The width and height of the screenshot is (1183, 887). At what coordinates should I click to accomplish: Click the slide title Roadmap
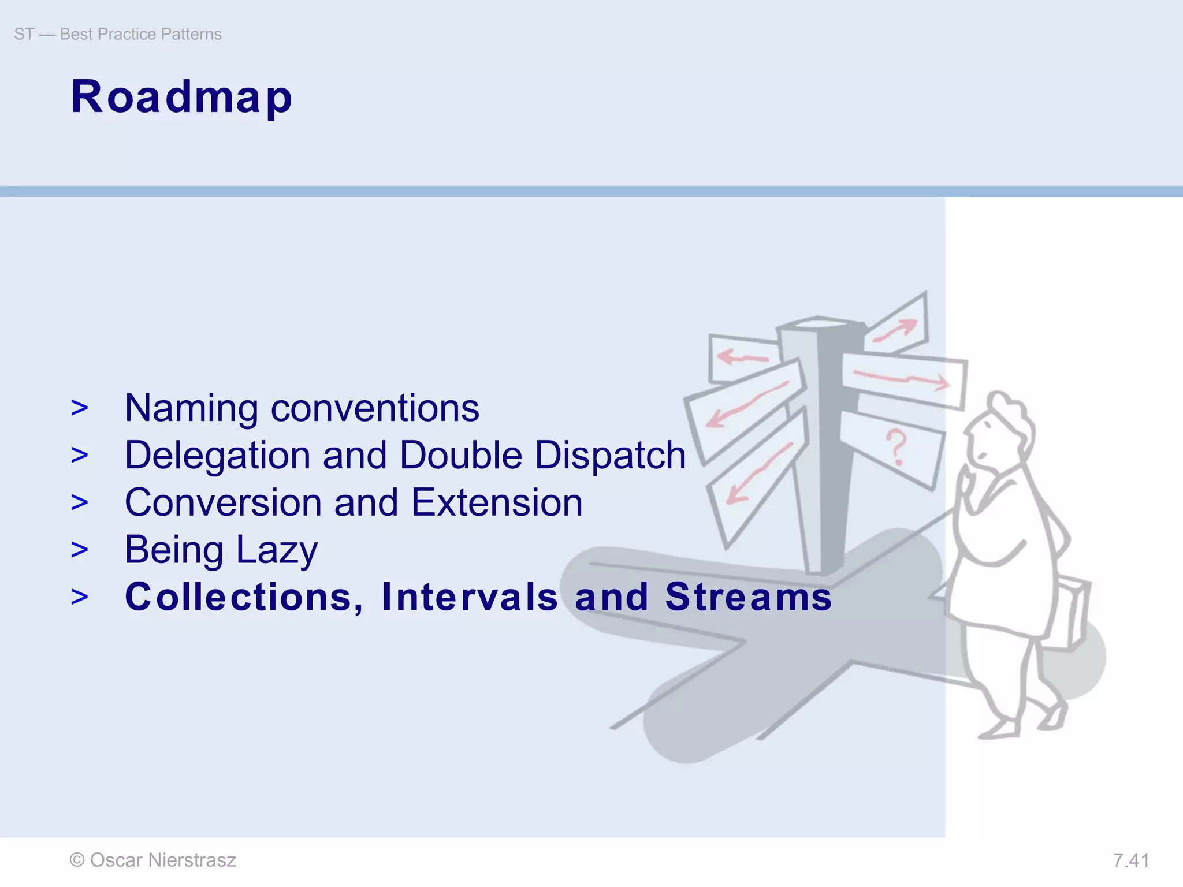click(x=181, y=97)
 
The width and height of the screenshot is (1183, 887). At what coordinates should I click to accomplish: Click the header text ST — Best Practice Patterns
click(x=118, y=34)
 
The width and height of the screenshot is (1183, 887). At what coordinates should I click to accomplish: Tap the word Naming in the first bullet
click(x=191, y=408)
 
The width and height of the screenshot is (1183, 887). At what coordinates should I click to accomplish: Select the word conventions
click(x=375, y=408)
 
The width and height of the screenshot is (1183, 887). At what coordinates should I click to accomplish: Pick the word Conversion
click(x=223, y=502)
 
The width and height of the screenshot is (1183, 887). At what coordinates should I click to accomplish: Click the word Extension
click(x=497, y=502)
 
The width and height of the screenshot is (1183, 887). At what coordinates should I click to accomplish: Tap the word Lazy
click(x=277, y=550)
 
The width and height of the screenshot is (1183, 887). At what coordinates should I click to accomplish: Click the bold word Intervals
click(x=470, y=597)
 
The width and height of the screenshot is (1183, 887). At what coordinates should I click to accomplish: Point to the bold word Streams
click(x=749, y=597)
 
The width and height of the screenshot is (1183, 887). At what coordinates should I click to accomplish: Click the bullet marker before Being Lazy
click(x=80, y=550)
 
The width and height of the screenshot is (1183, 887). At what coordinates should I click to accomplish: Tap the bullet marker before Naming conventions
click(x=80, y=408)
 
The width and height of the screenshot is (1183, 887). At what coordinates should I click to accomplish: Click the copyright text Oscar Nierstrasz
click(x=153, y=860)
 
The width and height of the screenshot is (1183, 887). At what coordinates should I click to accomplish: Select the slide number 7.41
click(x=1130, y=860)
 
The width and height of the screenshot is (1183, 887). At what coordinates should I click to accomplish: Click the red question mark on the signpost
click(x=896, y=446)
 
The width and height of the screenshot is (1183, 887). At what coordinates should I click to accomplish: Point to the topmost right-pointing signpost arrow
click(x=896, y=330)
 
